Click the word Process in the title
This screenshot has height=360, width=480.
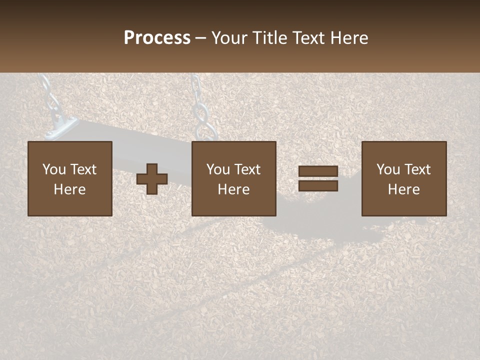[157, 38]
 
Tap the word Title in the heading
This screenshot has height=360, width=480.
[271, 38]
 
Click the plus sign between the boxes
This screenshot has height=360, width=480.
[152, 179]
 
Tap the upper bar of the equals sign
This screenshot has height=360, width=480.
[318, 171]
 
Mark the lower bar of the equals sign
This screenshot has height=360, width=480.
[318, 186]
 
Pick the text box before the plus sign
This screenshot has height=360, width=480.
[69, 178]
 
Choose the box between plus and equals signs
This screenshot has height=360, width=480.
[233, 178]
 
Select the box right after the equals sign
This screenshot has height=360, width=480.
[404, 178]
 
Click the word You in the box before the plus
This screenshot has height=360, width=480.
[54, 169]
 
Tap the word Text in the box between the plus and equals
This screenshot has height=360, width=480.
[248, 169]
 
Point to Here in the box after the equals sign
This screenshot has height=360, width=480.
[404, 189]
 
